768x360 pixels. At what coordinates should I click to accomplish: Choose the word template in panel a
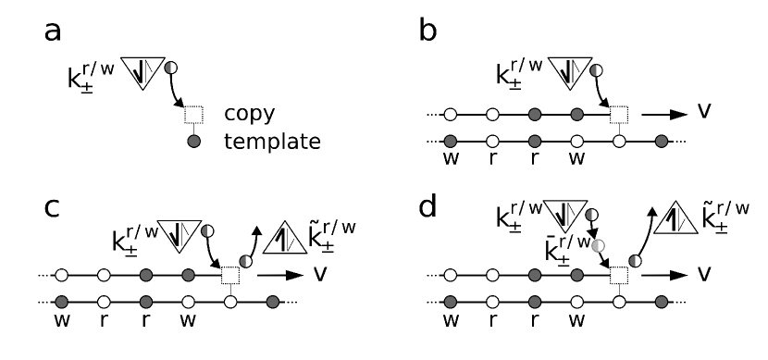272,143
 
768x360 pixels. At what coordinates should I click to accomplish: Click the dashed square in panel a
193,116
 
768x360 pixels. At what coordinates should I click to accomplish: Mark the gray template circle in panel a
193,143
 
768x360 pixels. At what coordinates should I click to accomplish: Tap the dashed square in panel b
619,116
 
